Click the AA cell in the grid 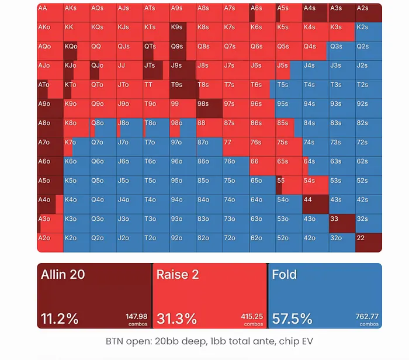pos(50,12)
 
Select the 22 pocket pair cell pos(369,243)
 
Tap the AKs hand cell pos(77,12)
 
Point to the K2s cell pos(369,32)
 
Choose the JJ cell pos(130,70)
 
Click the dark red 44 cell pos(316,205)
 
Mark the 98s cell pos(209,109)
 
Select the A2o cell pos(50,243)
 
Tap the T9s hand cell pos(182,89)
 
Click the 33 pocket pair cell pos(342,224)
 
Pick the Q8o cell pos(103,127)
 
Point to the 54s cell pos(316,185)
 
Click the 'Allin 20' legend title pos(63,275)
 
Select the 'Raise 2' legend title pos(178,275)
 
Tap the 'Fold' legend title pos(285,275)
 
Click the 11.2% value pos(60,319)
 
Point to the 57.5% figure pos(292,319)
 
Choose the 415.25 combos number pos(252,316)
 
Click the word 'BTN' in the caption pos(115,341)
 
